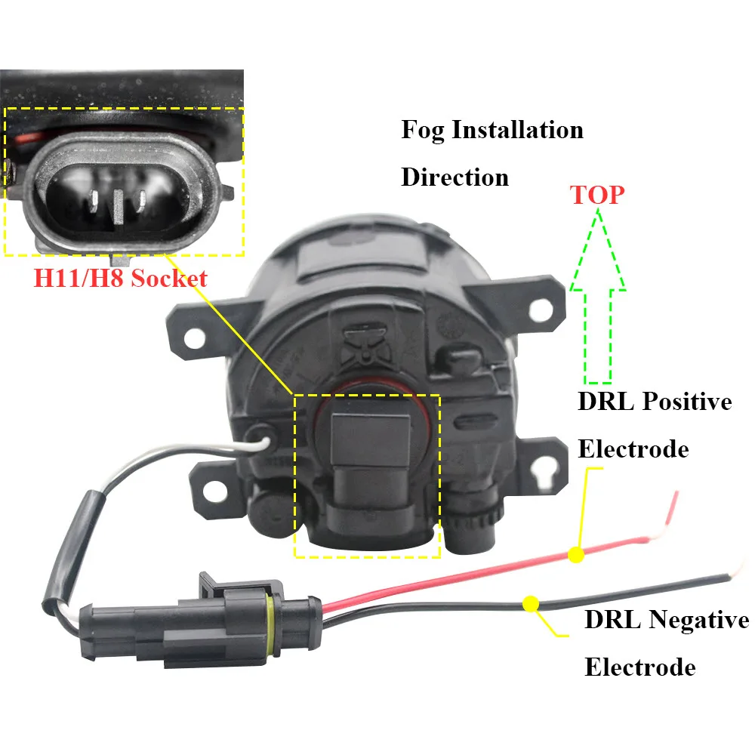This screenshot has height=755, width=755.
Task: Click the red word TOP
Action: pos(597,195)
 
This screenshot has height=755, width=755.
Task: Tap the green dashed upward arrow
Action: pos(597,302)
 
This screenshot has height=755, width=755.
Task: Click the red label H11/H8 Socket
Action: pos(119,279)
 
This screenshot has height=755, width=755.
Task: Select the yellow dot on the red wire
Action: pos(576,555)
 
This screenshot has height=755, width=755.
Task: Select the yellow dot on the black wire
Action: pos(530,603)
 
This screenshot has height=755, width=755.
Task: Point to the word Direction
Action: pos(455,177)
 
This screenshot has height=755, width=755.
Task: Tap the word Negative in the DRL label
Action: pos(698,621)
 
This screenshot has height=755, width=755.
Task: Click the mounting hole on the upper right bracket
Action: pos(541,308)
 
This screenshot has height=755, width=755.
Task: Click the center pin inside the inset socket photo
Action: pos(117,206)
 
